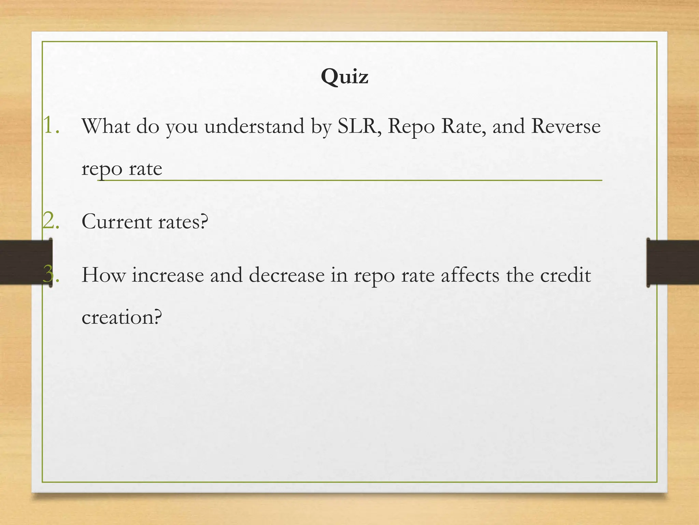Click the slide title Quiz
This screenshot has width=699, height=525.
click(x=344, y=77)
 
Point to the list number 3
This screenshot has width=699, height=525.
click(x=51, y=274)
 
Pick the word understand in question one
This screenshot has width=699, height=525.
click(x=254, y=126)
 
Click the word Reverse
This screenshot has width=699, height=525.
click(x=566, y=126)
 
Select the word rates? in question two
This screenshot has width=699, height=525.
click(x=183, y=221)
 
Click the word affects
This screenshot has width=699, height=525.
click(x=470, y=275)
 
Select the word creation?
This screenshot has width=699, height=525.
click(x=122, y=317)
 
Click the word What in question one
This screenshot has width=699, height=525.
click(x=106, y=126)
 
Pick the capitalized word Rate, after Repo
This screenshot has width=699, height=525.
click(x=463, y=126)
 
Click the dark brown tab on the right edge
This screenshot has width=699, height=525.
click(x=673, y=262)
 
